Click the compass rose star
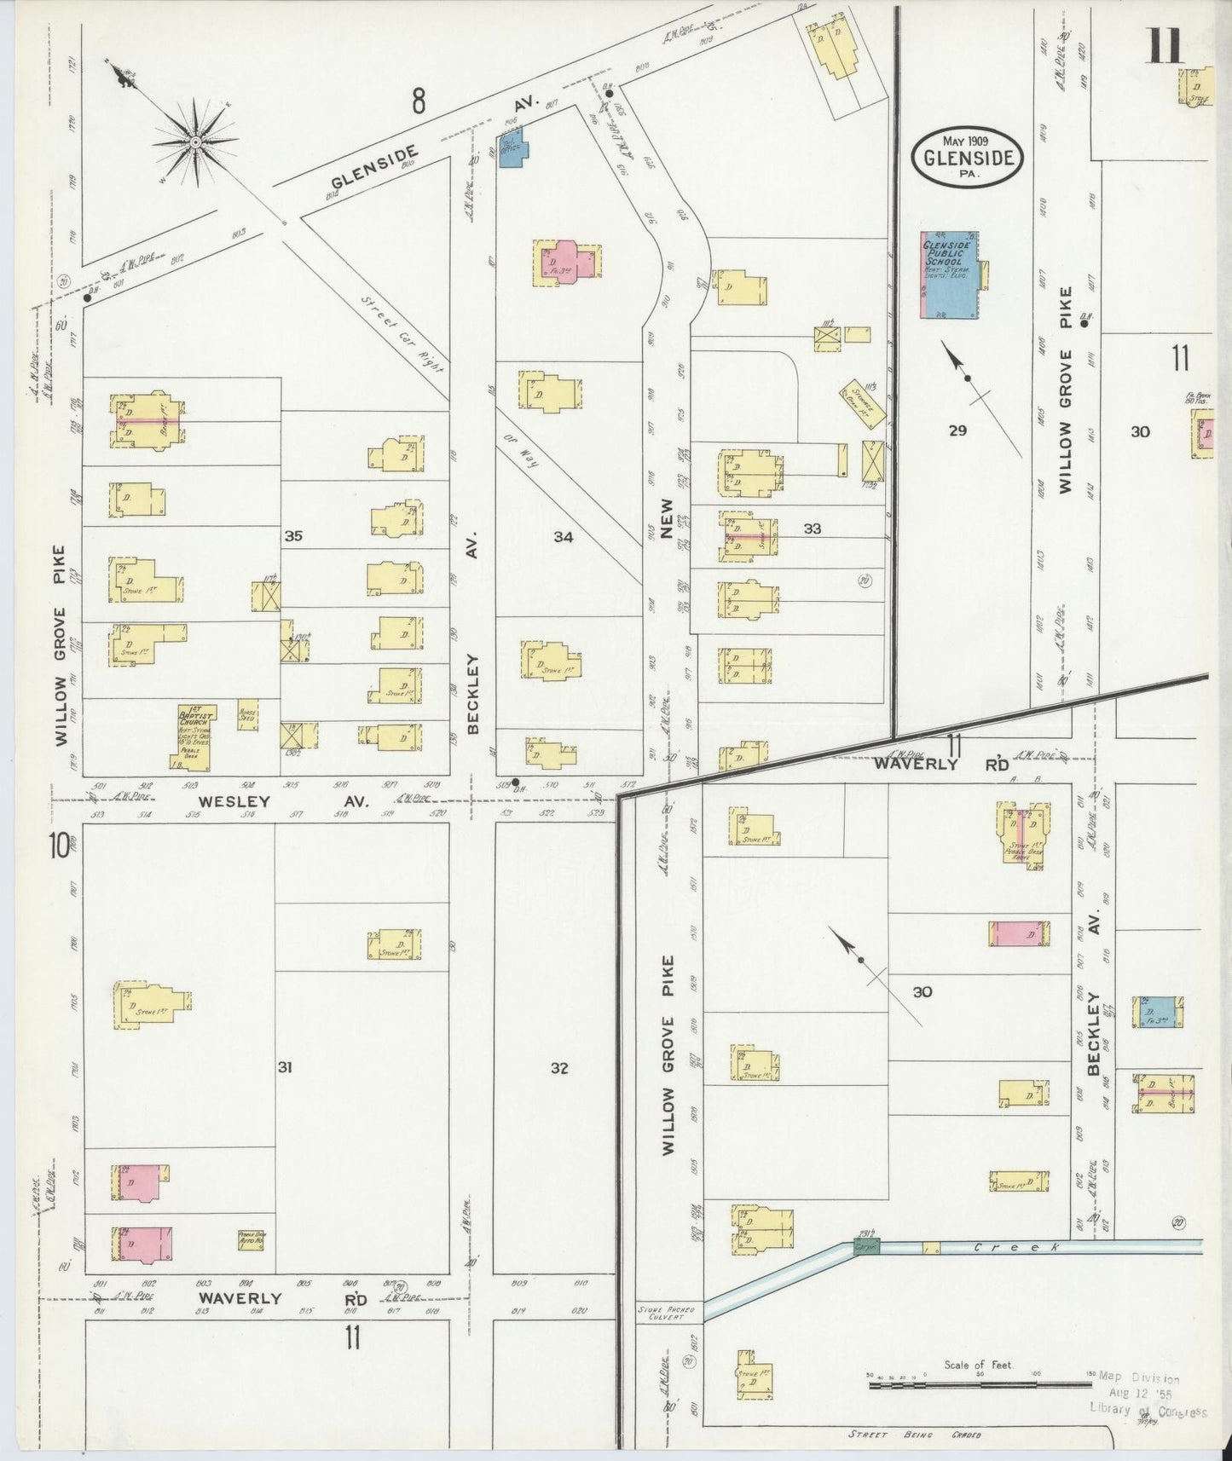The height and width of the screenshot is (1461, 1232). tap(195, 140)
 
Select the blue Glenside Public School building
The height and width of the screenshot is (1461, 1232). tap(950, 274)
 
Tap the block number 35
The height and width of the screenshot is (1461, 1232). tap(293, 536)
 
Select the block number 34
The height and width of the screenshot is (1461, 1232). tap(563, 536)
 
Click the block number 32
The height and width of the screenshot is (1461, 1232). tap(558, 1068)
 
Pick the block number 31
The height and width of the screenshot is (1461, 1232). tap(285, 1066)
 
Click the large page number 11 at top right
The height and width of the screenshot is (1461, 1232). tap(1164, 46)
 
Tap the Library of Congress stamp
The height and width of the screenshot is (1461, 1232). tap(1148, 1395)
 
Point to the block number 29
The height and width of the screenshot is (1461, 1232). tap(957, 430)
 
